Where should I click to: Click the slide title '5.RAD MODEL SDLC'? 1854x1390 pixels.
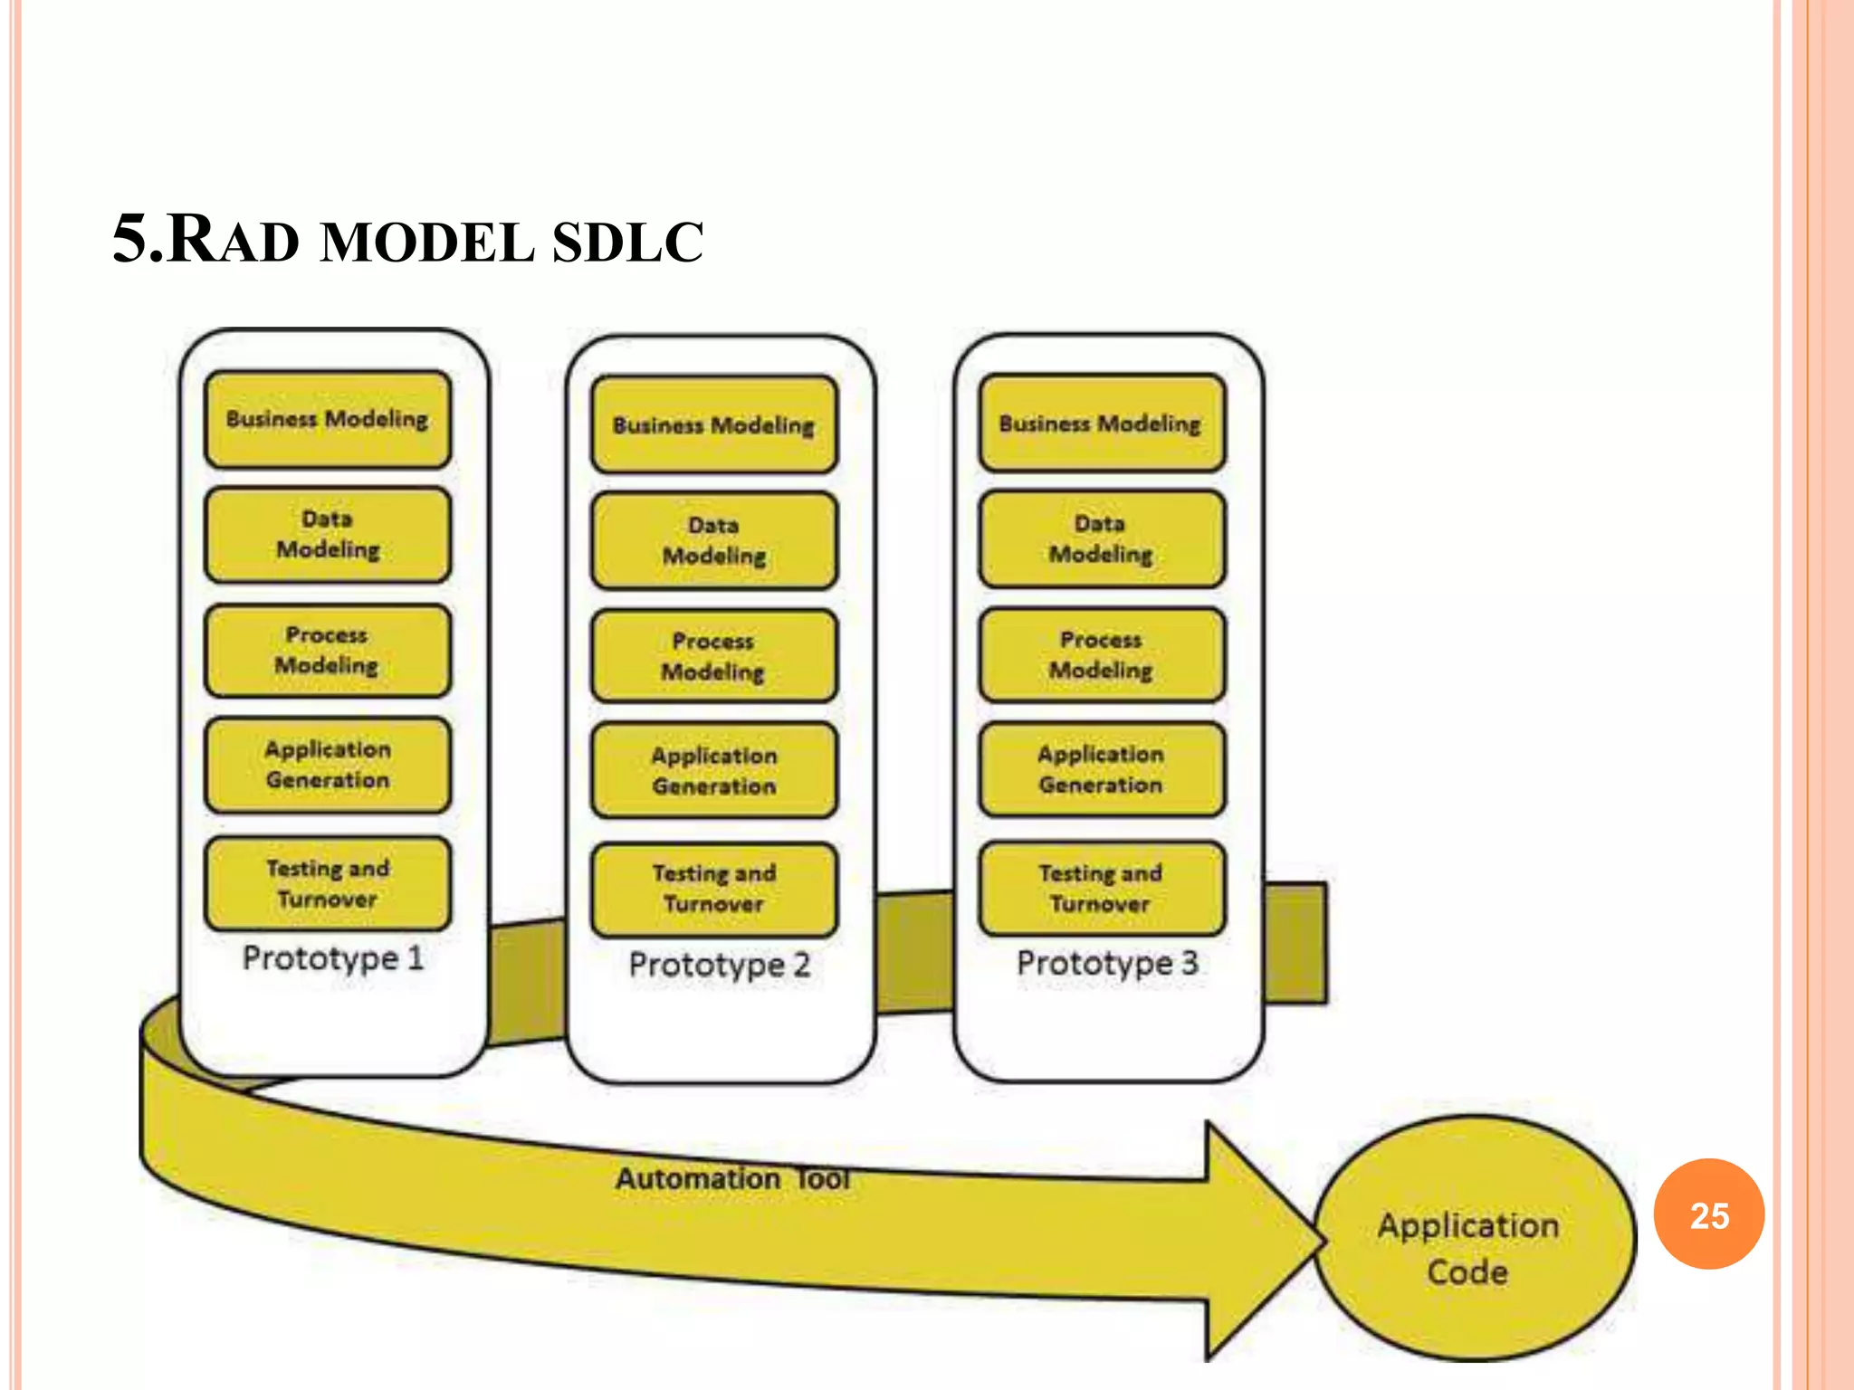pos(407,240)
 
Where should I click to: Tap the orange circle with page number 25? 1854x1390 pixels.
pos(1708,1214)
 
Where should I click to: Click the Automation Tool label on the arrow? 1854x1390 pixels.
pos(732,1178)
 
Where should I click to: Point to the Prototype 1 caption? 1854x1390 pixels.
pos(333,957)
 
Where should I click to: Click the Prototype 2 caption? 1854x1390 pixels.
pos(720,964)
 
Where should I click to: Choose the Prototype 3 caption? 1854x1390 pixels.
pos(1107,962)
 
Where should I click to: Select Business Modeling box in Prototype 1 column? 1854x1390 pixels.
pos(328,419)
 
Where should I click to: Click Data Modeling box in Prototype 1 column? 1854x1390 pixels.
pos(328,534)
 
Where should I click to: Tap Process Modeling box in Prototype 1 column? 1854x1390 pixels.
pos(328,650)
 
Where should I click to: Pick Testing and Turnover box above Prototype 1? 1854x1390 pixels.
pos(328,883)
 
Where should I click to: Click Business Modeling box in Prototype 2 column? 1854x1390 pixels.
pos(714,424)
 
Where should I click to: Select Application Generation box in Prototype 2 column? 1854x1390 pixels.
pos(714,770)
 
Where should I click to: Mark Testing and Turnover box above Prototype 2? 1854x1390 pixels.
pos(714,889)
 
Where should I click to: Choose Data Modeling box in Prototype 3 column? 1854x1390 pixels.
pos(1102,538)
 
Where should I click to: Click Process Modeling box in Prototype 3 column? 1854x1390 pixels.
pos(1102,654)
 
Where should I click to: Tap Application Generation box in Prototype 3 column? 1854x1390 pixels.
pos(1102,769)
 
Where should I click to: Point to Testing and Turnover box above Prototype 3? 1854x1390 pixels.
pos(1102,888)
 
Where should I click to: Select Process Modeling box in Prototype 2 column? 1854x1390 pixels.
pos(714,656)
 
